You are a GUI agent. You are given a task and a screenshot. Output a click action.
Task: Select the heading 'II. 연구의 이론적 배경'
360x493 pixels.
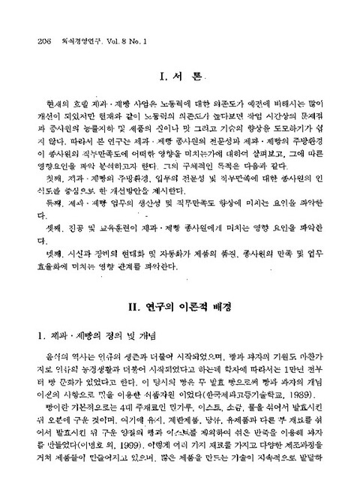(179, 305)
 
